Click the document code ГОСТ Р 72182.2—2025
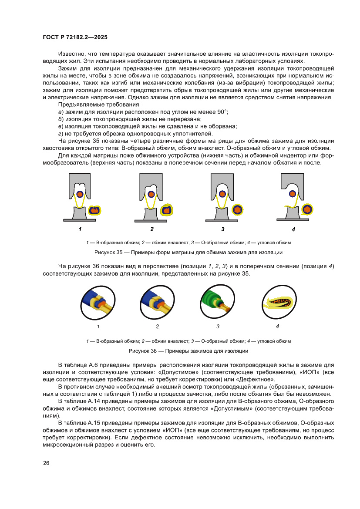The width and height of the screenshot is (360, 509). pyautogui.click(x=75, y=38)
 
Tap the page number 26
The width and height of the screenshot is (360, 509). pyautogui.click(x=46, y=463)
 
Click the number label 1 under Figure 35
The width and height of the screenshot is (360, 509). pyautogui.click(x=80, y=229)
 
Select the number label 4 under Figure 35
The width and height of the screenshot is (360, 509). pyautogui.click(x=293, y=229)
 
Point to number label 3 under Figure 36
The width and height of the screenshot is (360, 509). pyautogui.click(x=218, y=326)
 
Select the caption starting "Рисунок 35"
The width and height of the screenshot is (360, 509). pyautogui.click(x=188, y=253)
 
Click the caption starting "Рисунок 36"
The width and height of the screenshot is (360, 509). pyautogui.click(x=188, y=351)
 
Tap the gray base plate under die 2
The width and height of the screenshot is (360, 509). pyautogui.click(x=151, y=220)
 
